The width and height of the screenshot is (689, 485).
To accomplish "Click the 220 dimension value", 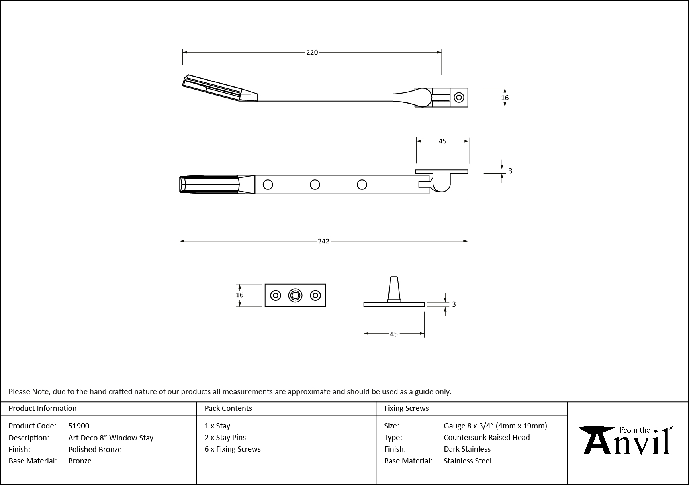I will pyautogui.click(x=312, y=52).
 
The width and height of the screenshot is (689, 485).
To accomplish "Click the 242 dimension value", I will pyautogui.click(x=323, y=241).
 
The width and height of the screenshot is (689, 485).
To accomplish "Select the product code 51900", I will pyautogui.click(x=79, y=426).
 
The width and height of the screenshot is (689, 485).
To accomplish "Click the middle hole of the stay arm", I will pyautogui.click(x=315, y=185).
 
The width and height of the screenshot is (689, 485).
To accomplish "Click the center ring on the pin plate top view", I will pyautogui.click(x=295, y=295).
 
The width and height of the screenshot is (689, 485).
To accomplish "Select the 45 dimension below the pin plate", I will pyautogui.click(x=393, y=334).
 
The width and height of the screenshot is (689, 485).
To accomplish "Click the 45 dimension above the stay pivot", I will pyautogui.click(x=442, y=141).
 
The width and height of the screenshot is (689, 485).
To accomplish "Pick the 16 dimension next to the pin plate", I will pyautogui.click(x=239, y=295).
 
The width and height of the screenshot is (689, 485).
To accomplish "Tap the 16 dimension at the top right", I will pyautogui.click(x=505, y=98).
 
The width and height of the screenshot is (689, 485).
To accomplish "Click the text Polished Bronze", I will pyautogui.click(x=95, y=449).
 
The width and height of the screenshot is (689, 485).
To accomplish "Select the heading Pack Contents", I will pyautogui.click(x=228, y=408).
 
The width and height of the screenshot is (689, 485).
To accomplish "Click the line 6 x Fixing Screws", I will pyautogui.click(x=233, y=449).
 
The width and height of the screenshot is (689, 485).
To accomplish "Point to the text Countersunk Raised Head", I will pyautogui.click(x=487, y=437).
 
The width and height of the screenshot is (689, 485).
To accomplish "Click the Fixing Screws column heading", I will pyautogui.click(x=406, y=408).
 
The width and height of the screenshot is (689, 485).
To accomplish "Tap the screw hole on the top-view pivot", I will pyautogui.click(x=459, y=97).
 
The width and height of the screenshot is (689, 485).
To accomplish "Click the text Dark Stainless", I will pyautogui.click(x=467, y=449).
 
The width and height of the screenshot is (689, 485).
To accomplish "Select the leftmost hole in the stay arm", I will pyautogui.click(x=268, y=185).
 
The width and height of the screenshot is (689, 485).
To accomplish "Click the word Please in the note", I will pyautogui.click(x=19, y=391).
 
